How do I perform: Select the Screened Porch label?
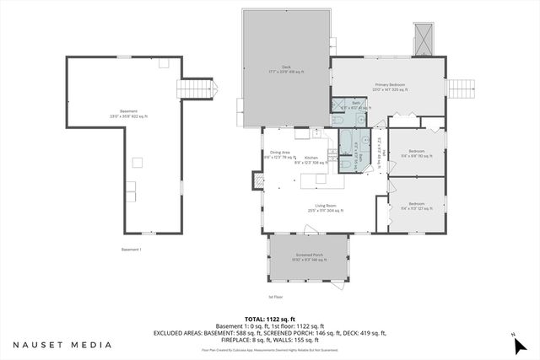click(x=309, y=256)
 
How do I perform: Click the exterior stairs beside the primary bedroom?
click(x=460, y=87)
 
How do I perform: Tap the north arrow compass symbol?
click(x=515, y=341)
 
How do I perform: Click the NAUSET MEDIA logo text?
click(x=62, y=345)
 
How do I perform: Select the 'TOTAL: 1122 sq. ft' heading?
click(x=269, y=319)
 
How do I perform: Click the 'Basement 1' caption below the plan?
click(x=131, y=250)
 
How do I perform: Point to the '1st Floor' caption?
click(x=275, y=297)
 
